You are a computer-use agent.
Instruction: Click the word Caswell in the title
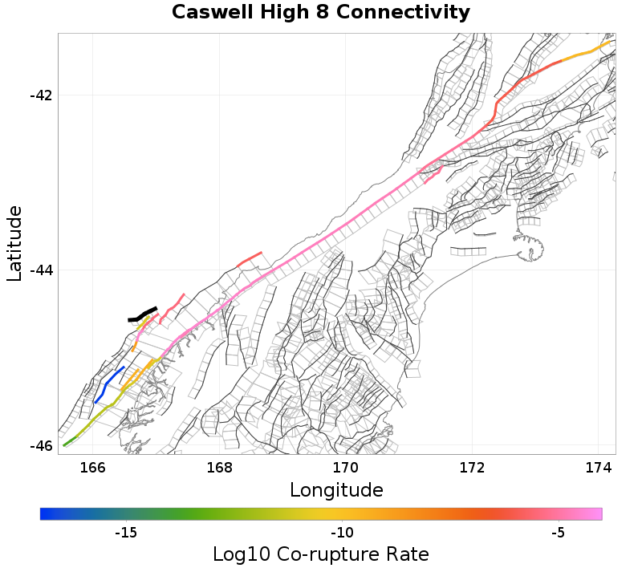point(209,13)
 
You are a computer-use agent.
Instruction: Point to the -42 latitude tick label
point(40,95)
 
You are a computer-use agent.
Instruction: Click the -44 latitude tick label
point(40,270)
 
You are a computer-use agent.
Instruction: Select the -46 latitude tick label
point(40,446)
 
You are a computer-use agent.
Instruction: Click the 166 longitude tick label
point(93,468)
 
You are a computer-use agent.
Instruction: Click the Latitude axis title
point(14,243)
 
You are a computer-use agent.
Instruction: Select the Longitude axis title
point(336,489)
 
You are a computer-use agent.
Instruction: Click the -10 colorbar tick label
point(343,533)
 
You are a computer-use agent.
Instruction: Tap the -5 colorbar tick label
point(559,533)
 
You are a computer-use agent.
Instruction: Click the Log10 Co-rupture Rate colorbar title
point(321,554)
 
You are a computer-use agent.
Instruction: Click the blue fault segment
point(108,385)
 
